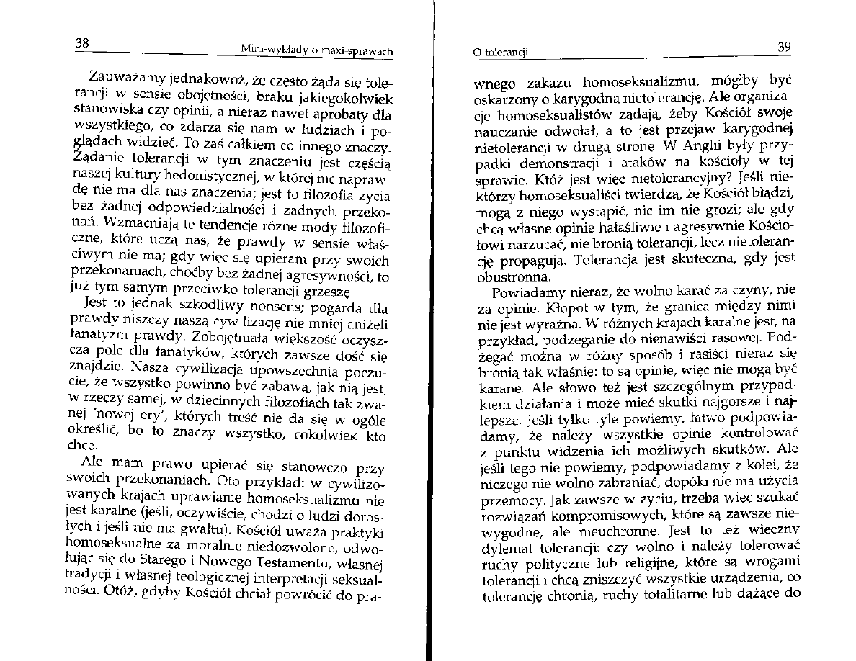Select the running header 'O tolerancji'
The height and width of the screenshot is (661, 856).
pyautogui.click(x=500, y=53)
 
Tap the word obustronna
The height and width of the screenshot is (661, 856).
pyautogui.click(x=504, y=276)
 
